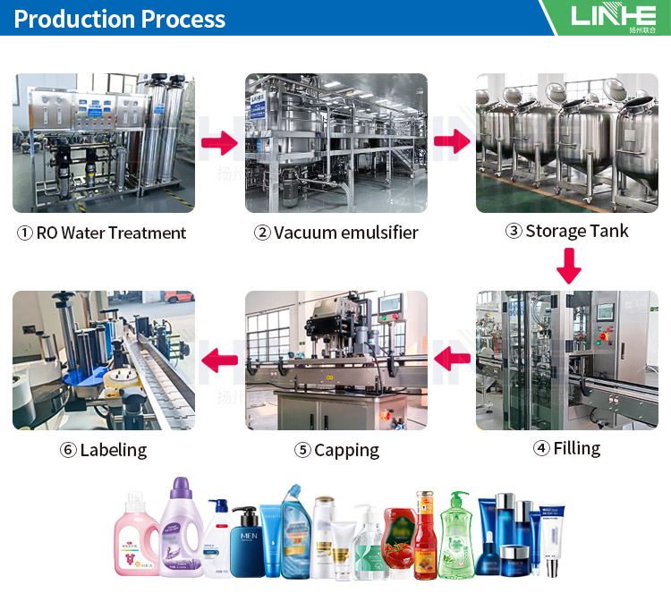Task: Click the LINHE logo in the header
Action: [613, 16]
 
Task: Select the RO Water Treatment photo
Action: [104, 143]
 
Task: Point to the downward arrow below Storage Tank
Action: [568, 265]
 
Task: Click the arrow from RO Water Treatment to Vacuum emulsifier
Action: [218, 142]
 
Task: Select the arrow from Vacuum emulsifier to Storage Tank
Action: [453, 141]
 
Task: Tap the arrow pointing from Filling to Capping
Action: [453, 360]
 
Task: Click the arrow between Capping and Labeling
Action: [218, 360]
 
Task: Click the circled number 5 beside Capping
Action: [303, 451]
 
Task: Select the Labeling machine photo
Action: [104, 360]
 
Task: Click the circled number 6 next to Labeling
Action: [69, 451]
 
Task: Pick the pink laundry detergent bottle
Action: [137, 537]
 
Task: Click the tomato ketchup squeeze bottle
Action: [398, 545]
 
